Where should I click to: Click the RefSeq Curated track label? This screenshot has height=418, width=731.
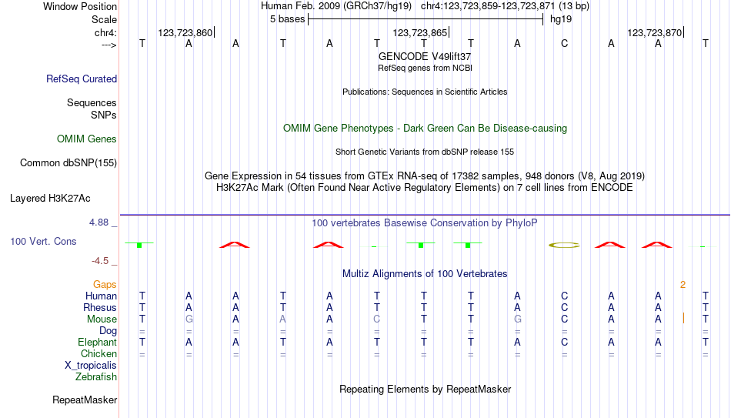coord(82,79)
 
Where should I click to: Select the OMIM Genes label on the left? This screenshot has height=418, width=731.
coord(87,139)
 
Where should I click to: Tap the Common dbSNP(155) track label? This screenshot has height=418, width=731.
coord(68,163)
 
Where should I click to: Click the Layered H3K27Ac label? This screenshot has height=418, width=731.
coord(50,199)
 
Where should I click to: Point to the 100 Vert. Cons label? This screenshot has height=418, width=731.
coord(43,241)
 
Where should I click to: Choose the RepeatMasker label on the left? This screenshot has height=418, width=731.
coord(85,400)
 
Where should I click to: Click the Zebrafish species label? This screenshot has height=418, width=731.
coord(96,376)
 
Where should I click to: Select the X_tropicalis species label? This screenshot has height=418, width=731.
coord(91,366)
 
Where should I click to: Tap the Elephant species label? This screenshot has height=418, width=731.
coord(97,342)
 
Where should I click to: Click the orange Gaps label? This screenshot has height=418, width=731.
coord(105,285)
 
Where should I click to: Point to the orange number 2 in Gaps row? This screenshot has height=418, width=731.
coord(683,285)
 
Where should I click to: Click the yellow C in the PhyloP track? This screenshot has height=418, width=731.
coord(564,245)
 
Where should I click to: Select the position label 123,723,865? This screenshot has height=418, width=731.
coord(420,32)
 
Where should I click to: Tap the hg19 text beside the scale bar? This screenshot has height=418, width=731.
coord(561,19)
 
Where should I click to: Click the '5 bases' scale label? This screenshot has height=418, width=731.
coord(287,19)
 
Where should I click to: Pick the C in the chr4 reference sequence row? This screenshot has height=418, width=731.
coord(564,43)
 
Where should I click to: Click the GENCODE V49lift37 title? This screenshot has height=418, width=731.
coord(425,56)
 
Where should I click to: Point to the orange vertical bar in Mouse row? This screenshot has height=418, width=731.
coord(683,319)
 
